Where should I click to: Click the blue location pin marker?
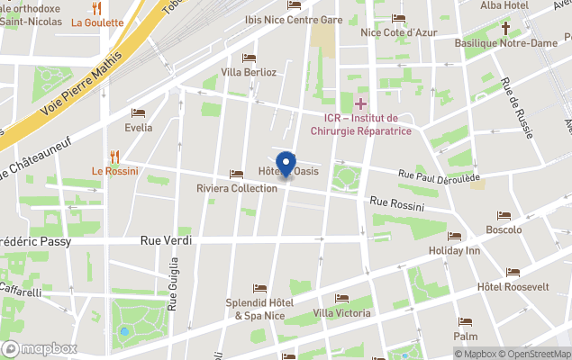(286, 164)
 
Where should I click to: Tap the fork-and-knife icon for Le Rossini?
(114, 156)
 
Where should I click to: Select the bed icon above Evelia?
(139, 112)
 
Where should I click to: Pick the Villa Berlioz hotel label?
(248, 72)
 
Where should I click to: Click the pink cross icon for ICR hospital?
(360, 104)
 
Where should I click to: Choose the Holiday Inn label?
(454, 250)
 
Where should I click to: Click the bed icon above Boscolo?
(504, 216)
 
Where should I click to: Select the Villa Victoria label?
(341, 313)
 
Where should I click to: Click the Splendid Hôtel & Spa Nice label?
(259, 310)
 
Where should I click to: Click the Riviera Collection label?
(237, 188)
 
